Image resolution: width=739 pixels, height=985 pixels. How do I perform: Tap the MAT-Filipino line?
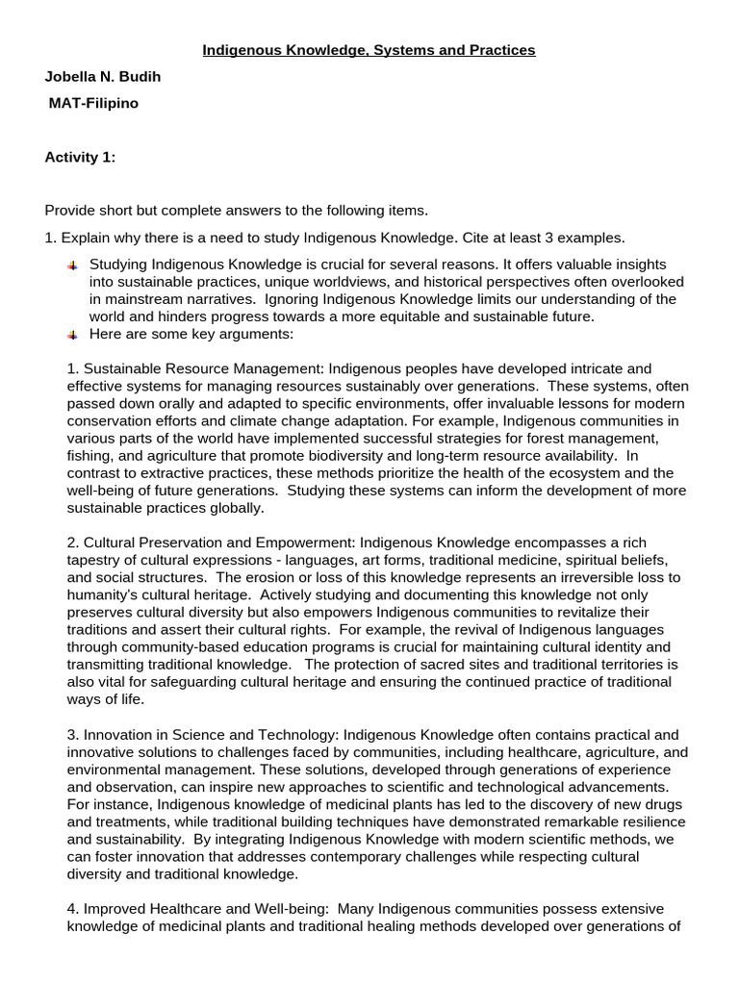93,103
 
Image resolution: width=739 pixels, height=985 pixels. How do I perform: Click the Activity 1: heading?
80,158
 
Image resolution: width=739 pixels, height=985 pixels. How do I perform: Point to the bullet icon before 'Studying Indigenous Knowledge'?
73,265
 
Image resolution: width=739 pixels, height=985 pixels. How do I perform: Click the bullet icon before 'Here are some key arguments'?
73,335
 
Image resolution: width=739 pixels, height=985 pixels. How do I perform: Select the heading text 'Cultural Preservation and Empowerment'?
209,543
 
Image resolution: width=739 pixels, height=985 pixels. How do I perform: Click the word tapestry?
96,560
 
